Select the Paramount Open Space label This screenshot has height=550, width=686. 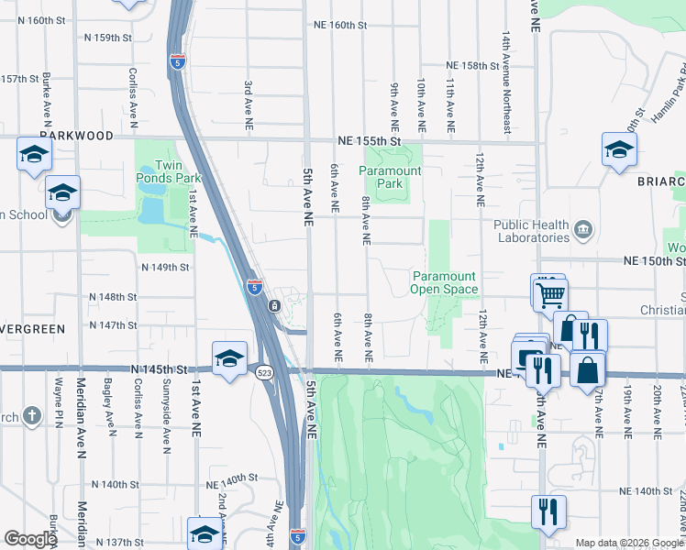click(445, 282)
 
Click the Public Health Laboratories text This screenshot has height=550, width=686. click(531, 231)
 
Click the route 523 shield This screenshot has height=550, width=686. click(264, 372)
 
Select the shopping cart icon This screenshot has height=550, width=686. click(551, 295)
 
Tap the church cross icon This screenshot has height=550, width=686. click(33, 415)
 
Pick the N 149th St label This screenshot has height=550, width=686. click(165, 268)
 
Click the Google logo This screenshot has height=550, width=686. click(30, 538)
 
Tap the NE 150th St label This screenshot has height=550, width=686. click(654, 261)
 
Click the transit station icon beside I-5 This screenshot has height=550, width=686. click(274, 305)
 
